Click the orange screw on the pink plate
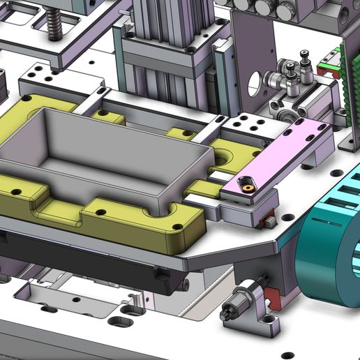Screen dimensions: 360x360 (246, 187)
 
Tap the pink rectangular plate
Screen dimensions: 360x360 (279, 158)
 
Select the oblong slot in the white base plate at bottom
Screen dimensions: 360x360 (121, 322)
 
